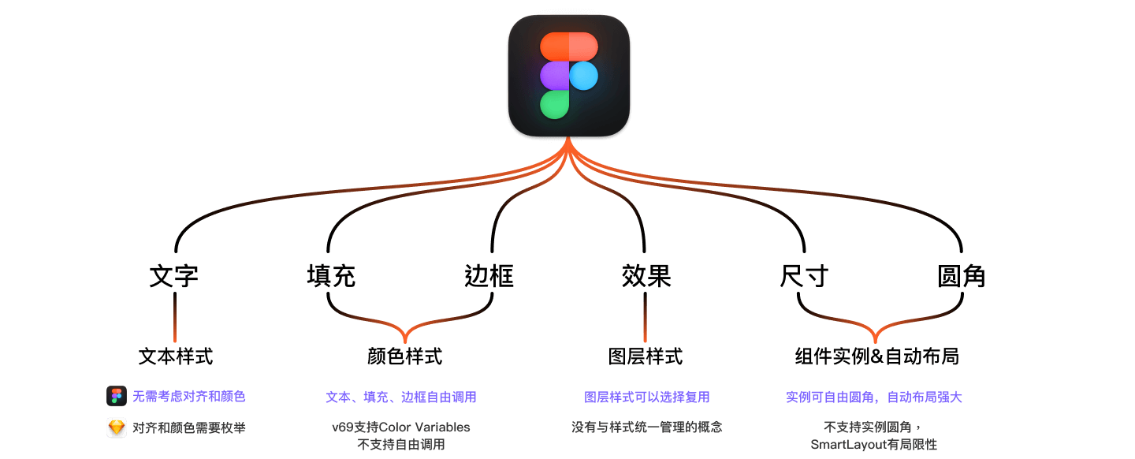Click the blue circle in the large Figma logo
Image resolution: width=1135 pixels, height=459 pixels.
click(x=583, y=76)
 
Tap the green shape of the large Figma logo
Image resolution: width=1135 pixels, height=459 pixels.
click(x=554, y=105)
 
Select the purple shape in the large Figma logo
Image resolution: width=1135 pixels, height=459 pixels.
click(x=554, y=76)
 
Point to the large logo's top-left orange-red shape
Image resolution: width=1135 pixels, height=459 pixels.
click(x=554, y=47)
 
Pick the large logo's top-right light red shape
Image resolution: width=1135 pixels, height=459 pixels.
click(x=583, y=47)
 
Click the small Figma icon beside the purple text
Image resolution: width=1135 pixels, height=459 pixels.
click(x=117, y=396)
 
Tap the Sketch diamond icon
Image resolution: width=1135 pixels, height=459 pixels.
click(x=117, y=427)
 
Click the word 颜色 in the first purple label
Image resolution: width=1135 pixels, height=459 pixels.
click(x=233, y=397)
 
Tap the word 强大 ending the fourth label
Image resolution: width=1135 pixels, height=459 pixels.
click(x=950, y=397)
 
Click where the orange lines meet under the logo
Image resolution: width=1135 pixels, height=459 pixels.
click(x=567, y=140)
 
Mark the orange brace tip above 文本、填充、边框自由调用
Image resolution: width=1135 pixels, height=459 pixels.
click(x=405, y=341)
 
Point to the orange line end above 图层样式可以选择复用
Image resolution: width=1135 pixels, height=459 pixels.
click(x=645, y=340)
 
